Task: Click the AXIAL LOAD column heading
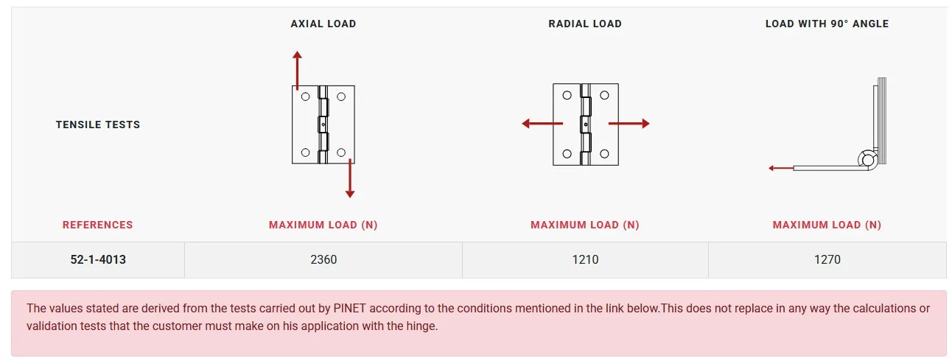[323, 24]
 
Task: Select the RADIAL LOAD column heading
[585, 24]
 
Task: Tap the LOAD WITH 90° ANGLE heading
[827, 24]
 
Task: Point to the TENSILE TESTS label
[98, 125]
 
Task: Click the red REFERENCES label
[98, 225]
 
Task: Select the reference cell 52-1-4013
[98, 259]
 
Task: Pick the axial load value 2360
[323, 259]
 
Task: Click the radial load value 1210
[585, 259]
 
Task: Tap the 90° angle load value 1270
[827, 259]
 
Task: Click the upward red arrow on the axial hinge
[297, 70]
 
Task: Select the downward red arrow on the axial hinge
[350, 178]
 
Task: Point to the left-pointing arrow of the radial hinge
[542, 124]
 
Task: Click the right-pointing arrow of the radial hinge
[629, 124]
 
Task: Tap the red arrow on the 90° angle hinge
[781, 169]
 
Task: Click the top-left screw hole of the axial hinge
[305, 97]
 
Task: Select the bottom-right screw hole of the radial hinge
[604, 154]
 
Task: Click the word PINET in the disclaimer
[349, 309]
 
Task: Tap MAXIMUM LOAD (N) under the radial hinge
[585, 225]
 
